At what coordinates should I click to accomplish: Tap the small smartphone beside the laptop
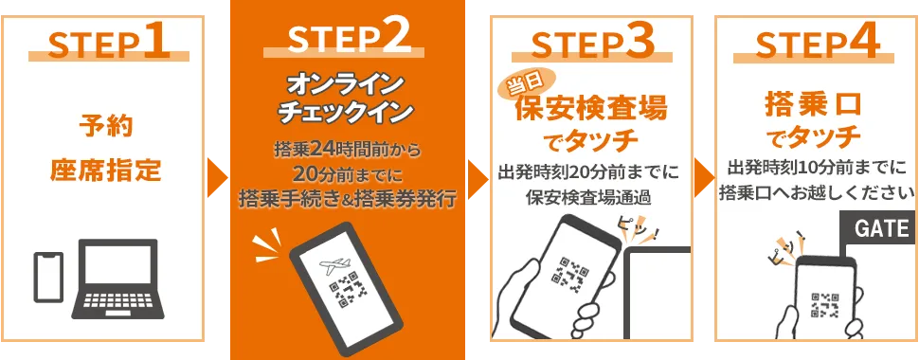[48, 277]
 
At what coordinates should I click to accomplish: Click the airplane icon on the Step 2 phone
[334, 264]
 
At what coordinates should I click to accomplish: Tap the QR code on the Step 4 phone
[824, 305]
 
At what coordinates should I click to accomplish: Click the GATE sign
[877, 228]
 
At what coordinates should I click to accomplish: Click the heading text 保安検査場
[591, 109]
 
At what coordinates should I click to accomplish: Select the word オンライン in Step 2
[343, 85]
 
